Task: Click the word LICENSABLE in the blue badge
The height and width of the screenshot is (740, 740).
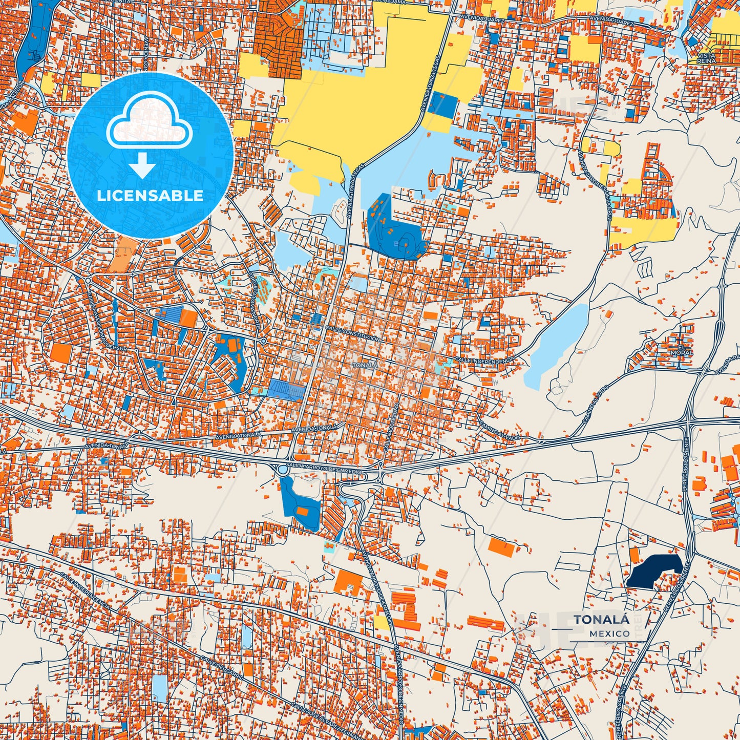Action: point(150,196)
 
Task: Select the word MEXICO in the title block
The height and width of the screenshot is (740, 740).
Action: point(609,633)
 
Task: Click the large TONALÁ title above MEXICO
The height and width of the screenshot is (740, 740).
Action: point(602,619)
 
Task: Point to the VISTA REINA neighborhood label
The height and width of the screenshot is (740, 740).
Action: point(706,58)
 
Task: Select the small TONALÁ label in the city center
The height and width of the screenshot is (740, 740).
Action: point(365,365)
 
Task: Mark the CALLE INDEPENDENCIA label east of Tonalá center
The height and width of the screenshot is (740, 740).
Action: point(484,362)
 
